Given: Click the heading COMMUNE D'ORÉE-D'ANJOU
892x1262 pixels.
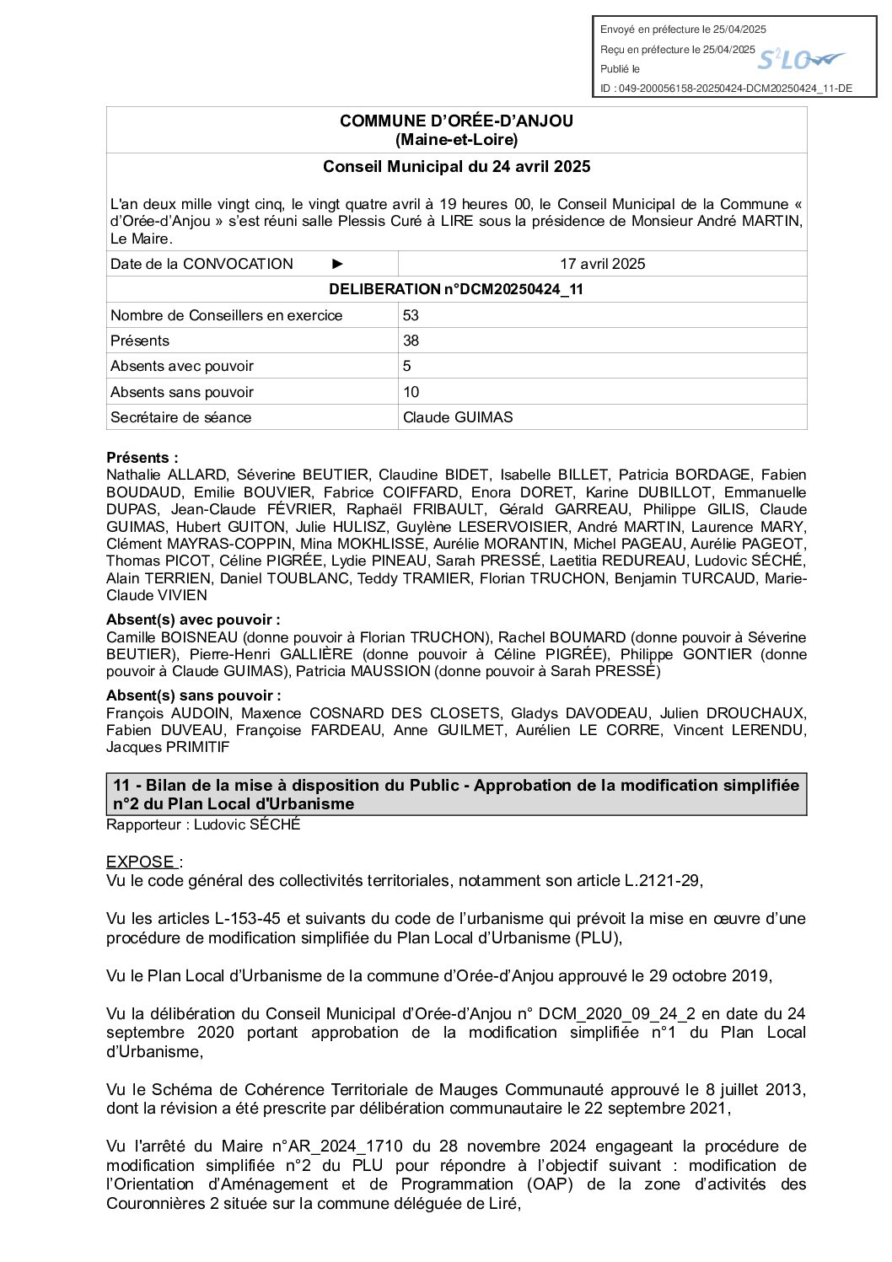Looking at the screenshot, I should pyautogui.click(x=456, y=121).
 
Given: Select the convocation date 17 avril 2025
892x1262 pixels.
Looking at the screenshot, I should pyautogui.click(x=602, y=264).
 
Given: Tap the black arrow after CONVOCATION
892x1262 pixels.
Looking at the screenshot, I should pyautogui.click(x=338, y=264).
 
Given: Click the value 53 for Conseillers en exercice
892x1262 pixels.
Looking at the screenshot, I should pyautogui.click(x=411, y=315).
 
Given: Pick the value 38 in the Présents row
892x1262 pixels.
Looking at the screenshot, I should pyautogui.click(x=411, y=341).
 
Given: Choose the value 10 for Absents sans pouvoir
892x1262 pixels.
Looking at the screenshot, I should pyautogui.click(x=411, y=392).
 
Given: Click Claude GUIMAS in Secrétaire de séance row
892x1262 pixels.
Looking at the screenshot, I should pyautogui.click(x=458, y=417).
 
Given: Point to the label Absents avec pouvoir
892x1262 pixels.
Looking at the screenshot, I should pyautogui.click(x=182, y=366).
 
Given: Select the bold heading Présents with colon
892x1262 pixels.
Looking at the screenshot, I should pyautogui.click(x=142, y=458).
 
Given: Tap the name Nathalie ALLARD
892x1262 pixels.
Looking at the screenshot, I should pyautogui.click(x=166, y=475).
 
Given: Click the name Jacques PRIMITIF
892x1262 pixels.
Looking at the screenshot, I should pyautogui.click(x=168, y=747).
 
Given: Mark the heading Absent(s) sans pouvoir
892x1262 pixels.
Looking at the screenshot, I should pyautogui.click(x=193, y=695).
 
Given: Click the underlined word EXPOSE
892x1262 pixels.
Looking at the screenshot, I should pyautogui.click(x=141, y=862).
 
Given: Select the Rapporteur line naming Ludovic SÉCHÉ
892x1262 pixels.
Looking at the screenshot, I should pyautogui.click(x=203, y=824).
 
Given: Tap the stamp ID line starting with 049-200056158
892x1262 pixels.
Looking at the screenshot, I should pyautogui.click(x=726, y=89).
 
